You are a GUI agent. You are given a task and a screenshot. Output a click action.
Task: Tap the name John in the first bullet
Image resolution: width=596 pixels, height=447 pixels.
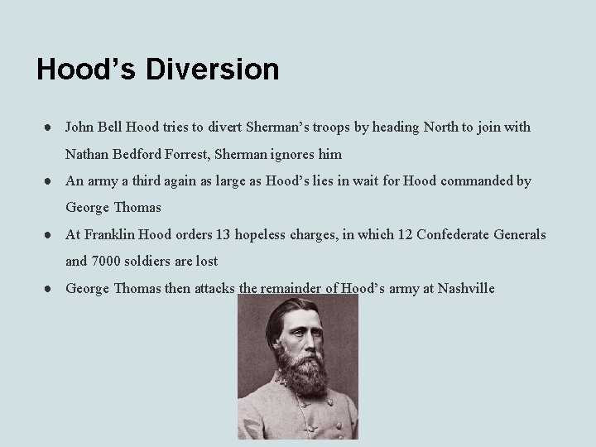[x=80, y=127]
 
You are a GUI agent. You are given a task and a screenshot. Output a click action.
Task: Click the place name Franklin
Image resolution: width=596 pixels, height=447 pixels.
[x=108, y=234]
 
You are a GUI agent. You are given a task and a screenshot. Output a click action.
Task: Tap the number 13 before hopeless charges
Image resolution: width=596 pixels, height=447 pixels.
[x=223, y=234]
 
